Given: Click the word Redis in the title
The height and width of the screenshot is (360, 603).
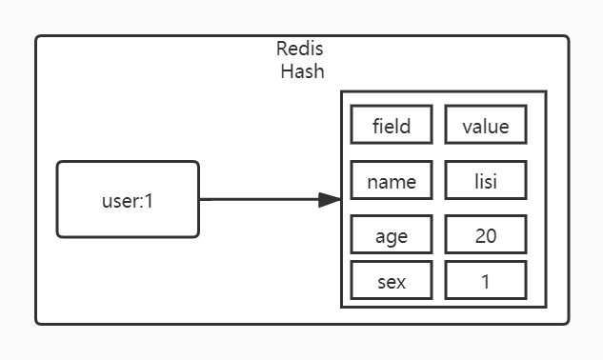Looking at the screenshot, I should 301,49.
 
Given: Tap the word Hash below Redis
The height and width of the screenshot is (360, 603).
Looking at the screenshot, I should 301,72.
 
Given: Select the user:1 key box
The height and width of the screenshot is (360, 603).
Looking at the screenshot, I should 128,199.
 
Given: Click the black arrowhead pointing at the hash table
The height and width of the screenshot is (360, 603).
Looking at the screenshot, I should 329,199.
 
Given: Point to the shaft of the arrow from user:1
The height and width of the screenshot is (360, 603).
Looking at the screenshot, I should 257,199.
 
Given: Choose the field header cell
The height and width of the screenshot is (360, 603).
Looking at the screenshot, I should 392,125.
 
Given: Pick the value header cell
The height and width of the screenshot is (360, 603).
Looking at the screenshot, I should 485,125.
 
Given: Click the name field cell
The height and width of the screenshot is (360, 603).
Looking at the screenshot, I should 392,180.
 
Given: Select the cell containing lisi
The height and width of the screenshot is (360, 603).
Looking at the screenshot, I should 485,180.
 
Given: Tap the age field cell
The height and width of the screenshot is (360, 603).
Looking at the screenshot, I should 392,235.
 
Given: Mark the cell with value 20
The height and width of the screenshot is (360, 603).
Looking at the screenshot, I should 485,235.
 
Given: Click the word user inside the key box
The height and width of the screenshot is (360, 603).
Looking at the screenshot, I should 119,201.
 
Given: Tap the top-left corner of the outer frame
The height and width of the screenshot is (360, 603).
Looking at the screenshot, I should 37,37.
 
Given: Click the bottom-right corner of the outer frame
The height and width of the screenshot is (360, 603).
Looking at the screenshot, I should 568,323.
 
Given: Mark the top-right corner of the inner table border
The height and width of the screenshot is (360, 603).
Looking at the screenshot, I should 546,92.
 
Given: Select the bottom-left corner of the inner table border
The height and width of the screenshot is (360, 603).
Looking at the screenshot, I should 342,307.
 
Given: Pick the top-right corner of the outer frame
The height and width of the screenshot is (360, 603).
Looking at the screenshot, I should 568,37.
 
